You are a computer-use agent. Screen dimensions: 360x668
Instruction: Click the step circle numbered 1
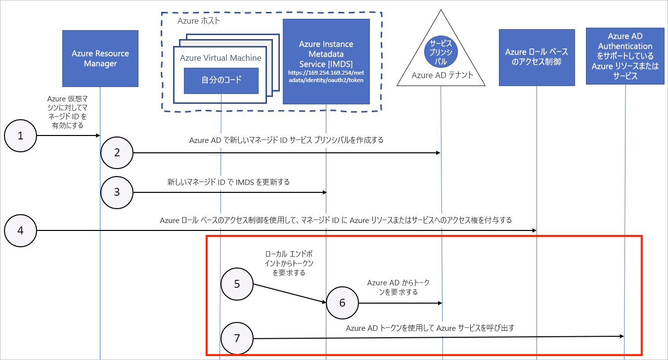20,135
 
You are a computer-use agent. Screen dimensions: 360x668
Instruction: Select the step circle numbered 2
117,153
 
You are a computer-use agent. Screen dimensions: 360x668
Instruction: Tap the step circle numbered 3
117,192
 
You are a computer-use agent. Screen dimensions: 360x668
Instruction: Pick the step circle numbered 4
20,230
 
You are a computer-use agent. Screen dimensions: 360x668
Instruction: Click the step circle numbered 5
237,284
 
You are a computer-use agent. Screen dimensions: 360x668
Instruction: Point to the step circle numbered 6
343,303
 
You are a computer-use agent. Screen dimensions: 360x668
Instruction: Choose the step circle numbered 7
237,338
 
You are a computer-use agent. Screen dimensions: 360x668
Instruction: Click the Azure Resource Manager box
100,58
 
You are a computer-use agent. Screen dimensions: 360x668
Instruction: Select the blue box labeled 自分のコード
221,81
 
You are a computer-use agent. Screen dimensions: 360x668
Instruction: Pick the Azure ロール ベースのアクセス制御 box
536,57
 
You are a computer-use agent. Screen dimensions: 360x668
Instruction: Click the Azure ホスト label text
199,22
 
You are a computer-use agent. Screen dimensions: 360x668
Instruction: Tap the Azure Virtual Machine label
221,58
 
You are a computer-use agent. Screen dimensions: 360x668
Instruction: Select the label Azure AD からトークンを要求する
398,287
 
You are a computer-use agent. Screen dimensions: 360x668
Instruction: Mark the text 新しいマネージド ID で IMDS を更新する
228,182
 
